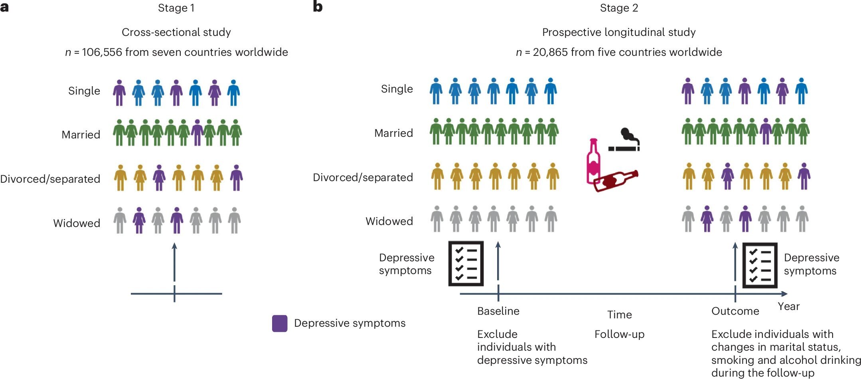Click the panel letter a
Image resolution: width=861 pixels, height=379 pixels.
4,7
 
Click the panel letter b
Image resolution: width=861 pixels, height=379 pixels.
318,7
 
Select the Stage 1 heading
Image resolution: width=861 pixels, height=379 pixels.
176,8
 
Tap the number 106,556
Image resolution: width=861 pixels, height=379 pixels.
102,52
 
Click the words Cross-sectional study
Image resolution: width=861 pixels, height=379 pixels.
176,32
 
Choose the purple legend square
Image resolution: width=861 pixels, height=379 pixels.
280,323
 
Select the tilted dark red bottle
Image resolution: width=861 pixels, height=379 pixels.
615,181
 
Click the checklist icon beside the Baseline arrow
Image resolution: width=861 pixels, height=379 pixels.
466,263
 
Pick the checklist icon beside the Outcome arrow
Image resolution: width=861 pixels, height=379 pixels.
760,265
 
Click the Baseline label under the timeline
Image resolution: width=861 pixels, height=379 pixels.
498,311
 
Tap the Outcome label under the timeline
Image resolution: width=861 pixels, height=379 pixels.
735,311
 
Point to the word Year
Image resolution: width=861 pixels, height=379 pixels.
788,306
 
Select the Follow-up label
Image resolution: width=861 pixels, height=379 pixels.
619,334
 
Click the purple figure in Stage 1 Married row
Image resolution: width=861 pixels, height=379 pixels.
197,132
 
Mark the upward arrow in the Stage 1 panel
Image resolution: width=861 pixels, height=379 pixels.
174,263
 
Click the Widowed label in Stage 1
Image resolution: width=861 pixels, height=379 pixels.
77,223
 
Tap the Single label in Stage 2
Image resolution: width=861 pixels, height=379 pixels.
397,89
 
